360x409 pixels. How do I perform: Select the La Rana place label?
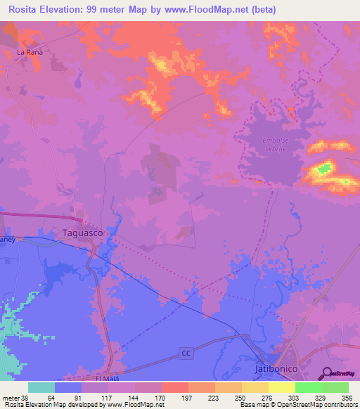(30, 52)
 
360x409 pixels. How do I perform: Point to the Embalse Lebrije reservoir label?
(276, 144)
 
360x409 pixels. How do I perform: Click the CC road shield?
(185, 351)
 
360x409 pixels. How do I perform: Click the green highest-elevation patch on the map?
(324, 168)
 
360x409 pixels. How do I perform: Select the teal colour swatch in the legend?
(41, 387)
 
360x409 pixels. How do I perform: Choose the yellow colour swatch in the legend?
(281, 387)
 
